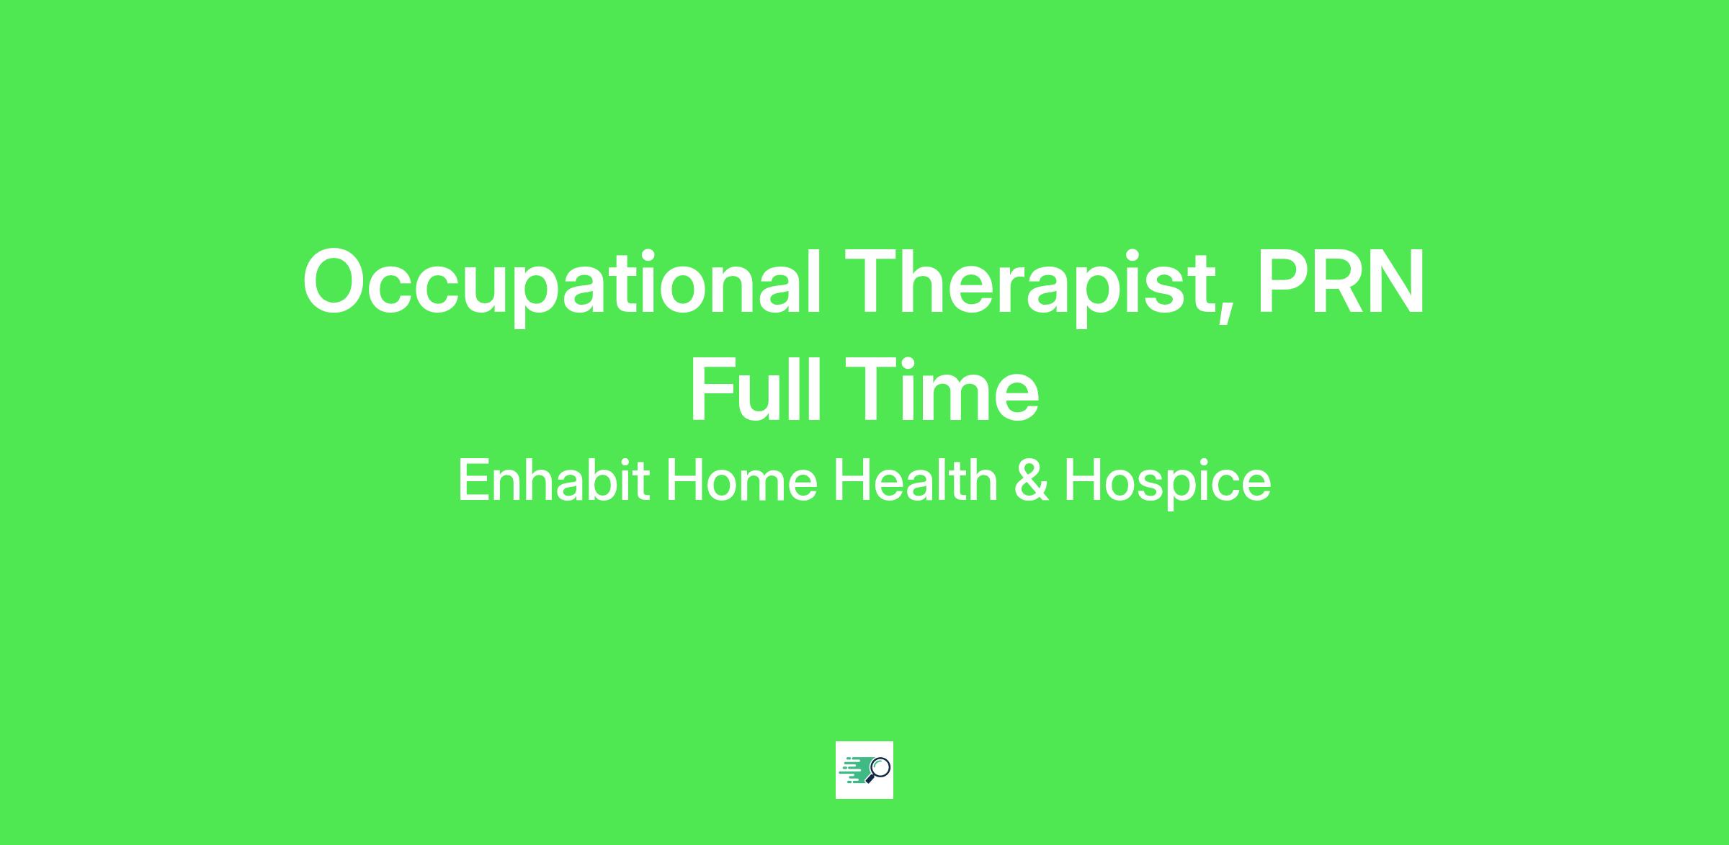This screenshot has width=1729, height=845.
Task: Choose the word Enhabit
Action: point(553,480)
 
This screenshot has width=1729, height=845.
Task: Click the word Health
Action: point(915,480)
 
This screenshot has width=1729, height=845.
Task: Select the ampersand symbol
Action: point(1031,480)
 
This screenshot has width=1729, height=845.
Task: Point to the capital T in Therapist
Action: point(874,281)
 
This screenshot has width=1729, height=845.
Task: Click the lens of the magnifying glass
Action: point(880,766)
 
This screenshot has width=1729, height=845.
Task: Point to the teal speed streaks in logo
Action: point(854,770)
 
